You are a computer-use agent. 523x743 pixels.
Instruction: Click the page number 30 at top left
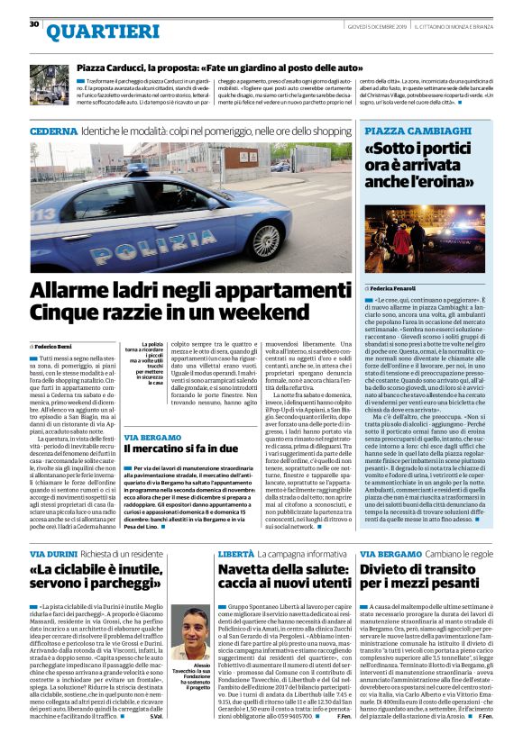pyautogui.click(x=34, y=23)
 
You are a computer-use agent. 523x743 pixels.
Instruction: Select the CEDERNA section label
pyautogui.click(x=53, y=131)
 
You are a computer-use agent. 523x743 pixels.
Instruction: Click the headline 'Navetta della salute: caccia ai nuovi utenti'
pyautogui.click(x=280, y=577)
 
